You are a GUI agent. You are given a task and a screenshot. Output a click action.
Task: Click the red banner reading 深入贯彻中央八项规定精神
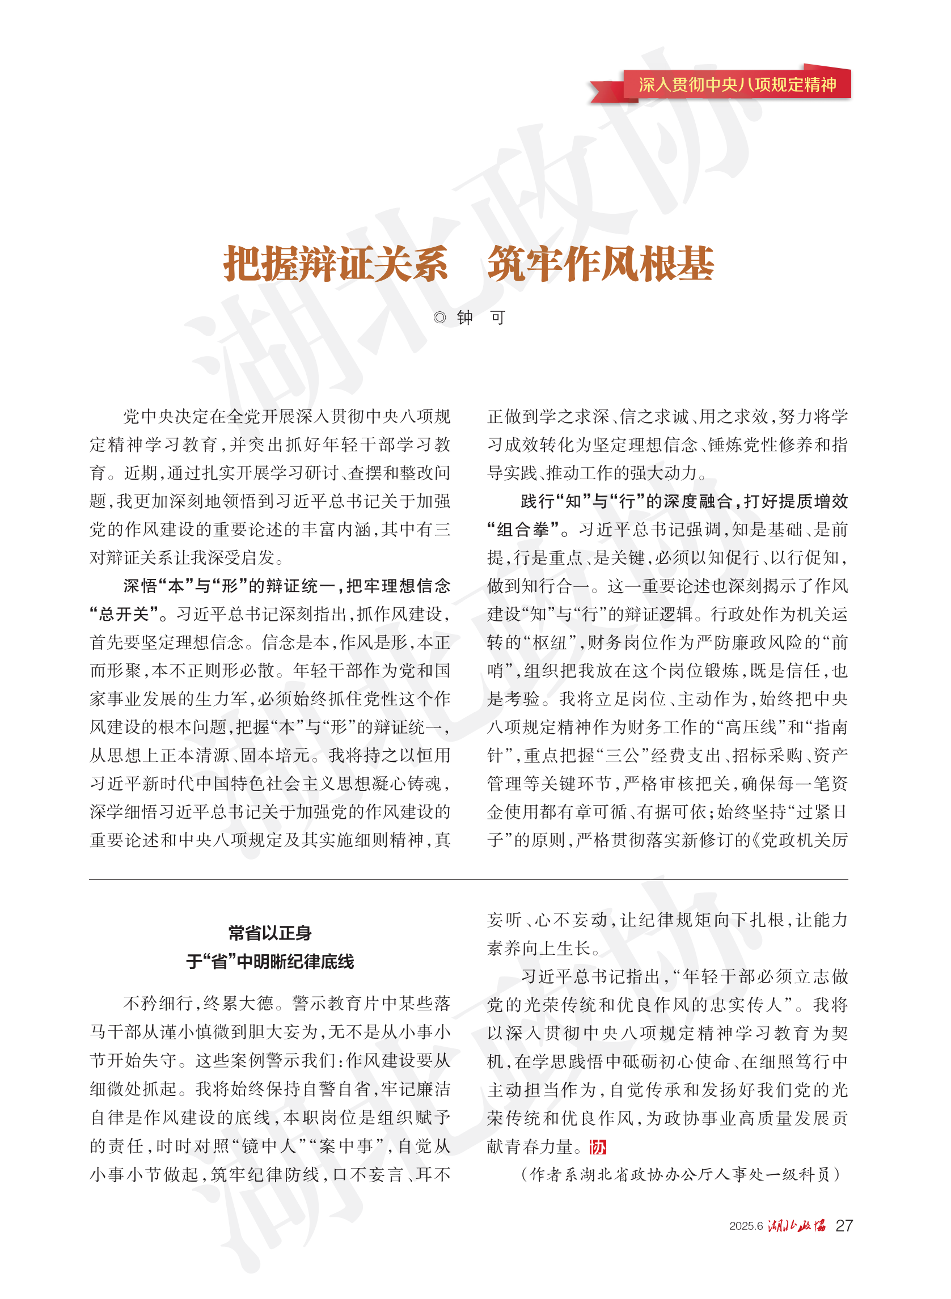[736, 84]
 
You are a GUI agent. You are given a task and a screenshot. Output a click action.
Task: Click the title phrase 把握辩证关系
[336, 264]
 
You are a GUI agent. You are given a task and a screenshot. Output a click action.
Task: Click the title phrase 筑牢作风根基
[601, 264]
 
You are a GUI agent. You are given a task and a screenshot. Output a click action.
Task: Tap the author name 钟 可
[481, 317]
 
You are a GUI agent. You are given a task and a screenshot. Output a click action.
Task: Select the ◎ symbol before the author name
[440, 317]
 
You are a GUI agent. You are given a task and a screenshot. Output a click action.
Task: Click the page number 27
[843, 1225]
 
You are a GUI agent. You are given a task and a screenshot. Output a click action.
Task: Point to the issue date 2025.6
[746, 1226]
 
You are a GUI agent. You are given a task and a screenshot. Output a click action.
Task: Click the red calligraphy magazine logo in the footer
[797, 1225]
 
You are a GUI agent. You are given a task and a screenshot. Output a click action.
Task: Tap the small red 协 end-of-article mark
[598, 1147]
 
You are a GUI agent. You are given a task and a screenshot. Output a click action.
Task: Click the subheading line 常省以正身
[269, 933]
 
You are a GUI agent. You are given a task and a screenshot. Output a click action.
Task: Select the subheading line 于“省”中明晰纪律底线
[269, 961]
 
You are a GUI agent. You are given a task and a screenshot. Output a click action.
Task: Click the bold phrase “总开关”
[124, 614]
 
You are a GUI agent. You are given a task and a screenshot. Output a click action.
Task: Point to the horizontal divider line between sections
[468, 879]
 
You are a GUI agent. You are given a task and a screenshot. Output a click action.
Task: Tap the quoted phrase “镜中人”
[268, 1146]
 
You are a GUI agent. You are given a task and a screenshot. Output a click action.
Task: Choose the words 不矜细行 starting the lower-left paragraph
[158, 1004]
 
